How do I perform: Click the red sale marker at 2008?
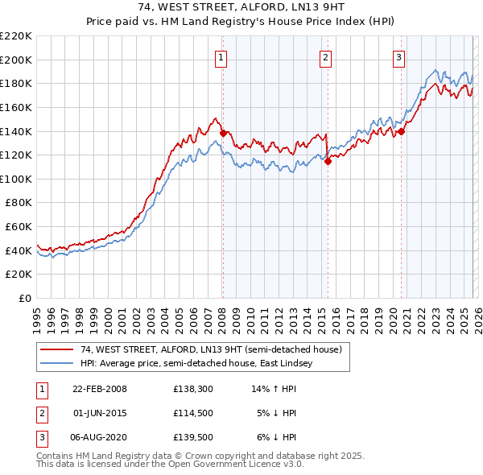(223, 133)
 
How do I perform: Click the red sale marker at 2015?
(328, 161)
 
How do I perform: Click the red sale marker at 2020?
(401, 132)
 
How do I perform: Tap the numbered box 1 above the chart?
(221, 56)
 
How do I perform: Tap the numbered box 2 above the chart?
(325, 56)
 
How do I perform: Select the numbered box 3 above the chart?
(398, 56)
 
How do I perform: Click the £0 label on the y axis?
(26, 299)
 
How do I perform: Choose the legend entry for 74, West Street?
(211, 349)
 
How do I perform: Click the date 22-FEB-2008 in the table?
(100, 389)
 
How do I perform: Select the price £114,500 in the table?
(193, 413)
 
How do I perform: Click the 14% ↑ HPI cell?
(277, 389)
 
